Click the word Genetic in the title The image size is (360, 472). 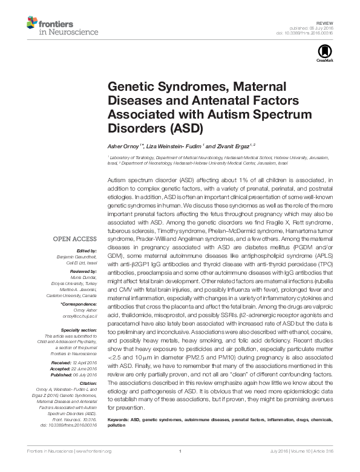click(129, 87)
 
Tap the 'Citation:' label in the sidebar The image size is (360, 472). click(88, 383)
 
